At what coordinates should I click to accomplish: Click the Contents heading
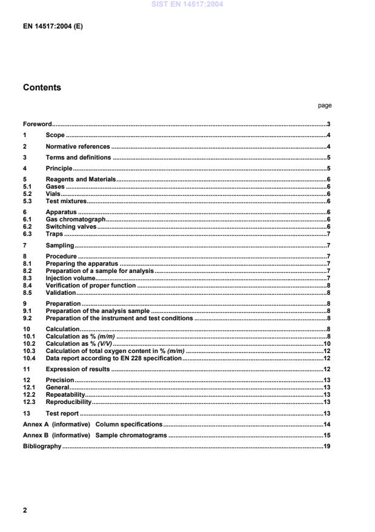pos(42,87)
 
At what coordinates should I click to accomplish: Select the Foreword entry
pos(37,124)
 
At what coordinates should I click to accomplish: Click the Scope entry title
pos(55,135)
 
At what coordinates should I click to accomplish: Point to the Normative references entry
pos(78,146)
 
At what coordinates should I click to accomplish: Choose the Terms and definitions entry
pos(78,157)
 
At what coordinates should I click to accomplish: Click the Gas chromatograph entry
pos(76,219)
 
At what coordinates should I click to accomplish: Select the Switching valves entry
pos(71,226)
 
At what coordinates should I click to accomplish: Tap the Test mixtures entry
pos(66,201)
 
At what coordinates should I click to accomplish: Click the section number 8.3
pos(27,277)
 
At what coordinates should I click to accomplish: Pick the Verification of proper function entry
pos(91,285)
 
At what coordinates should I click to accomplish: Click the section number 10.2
pos(28,343)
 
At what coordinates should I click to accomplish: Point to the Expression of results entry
pos(78,369)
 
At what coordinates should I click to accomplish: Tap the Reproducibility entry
pos(68,401)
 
